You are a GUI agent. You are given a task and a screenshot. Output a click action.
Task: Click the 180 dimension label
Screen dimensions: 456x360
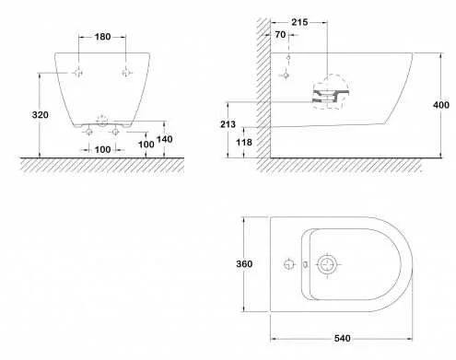[x=102, y=37]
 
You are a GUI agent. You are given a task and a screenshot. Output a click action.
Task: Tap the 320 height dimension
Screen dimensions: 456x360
[x=41, y=115]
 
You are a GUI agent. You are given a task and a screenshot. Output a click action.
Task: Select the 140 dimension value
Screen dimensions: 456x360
[x=165, y=139]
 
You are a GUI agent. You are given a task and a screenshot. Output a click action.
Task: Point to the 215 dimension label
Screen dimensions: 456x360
[x=299, y=22]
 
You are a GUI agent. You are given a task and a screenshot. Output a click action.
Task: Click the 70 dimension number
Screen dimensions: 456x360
[x=280, y=35]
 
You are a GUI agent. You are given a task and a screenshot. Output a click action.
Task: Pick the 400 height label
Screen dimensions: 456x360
[x=441, y=105]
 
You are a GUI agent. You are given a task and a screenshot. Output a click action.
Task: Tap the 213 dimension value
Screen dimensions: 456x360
[x=228, y=124]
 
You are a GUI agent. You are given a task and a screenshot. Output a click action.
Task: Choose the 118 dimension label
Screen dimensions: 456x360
[x=244, y=142]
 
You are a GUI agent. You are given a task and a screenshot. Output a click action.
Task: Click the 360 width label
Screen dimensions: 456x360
[x=244, y=263]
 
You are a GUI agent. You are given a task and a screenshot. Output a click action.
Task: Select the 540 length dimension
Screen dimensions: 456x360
[x=343, y=338]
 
